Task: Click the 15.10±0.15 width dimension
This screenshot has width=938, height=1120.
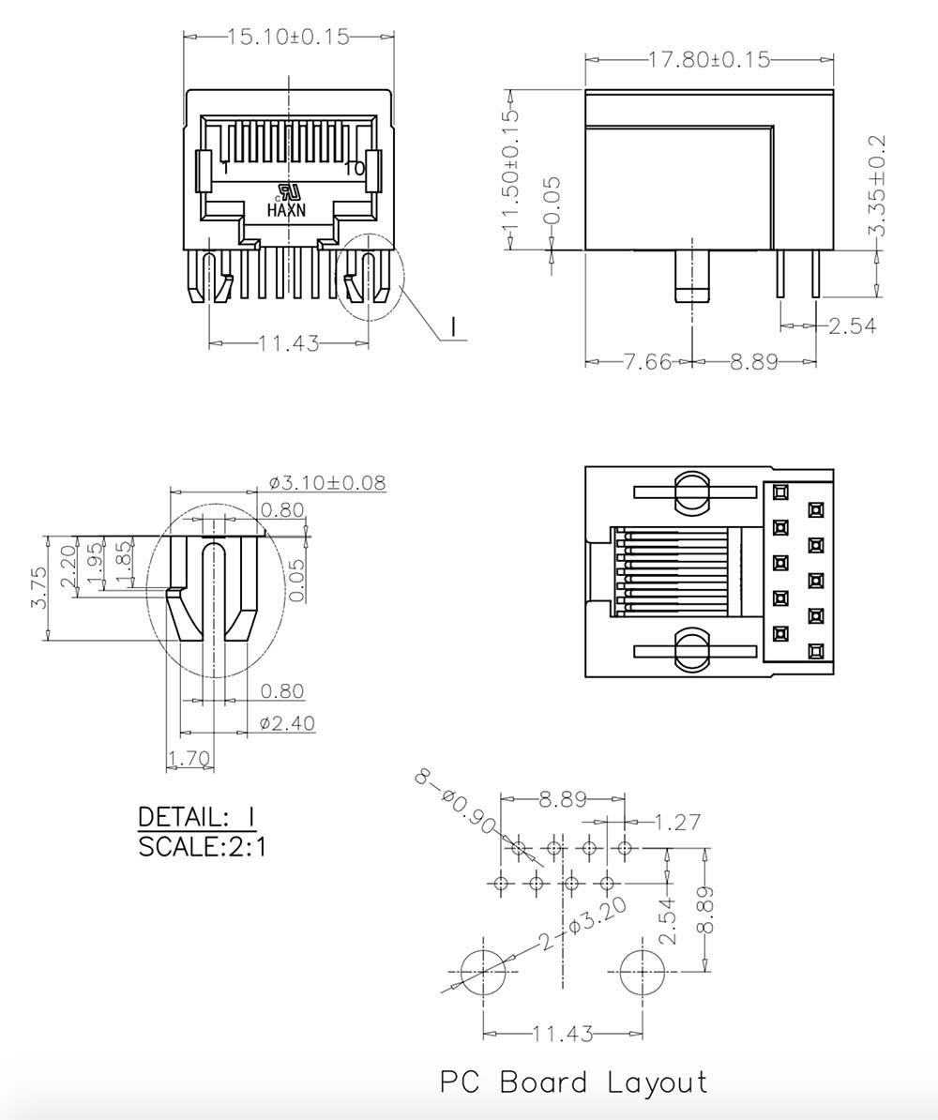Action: point(288,37)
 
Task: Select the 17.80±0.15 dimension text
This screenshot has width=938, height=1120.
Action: point(709,60)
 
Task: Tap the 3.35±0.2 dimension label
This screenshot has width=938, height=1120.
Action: point(877,186)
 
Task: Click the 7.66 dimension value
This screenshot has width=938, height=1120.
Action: point(647,361)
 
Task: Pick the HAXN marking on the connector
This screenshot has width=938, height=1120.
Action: point(286,211)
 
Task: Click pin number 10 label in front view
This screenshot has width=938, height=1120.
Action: point(355,169)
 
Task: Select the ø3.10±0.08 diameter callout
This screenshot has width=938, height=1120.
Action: point(326,483)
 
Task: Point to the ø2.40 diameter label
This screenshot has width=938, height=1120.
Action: point(286,723)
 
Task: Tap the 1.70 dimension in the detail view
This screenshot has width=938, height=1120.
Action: point(189,758)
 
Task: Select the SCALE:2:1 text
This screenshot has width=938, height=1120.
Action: point(202,847)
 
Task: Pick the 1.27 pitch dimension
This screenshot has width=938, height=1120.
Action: point(676,823)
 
